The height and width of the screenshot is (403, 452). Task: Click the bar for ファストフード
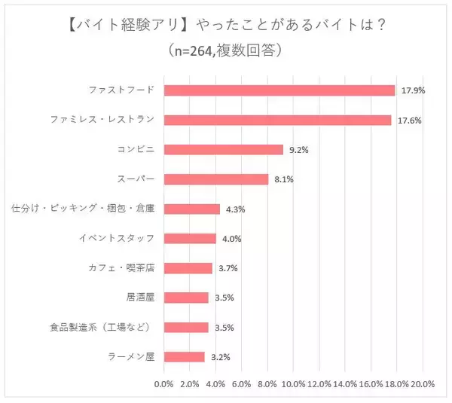279,90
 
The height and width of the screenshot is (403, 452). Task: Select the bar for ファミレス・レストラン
277,120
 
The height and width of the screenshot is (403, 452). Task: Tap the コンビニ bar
223,149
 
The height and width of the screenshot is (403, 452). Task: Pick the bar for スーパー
215,179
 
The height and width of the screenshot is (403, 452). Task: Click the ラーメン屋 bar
184,357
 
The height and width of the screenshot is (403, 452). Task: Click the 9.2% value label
298,150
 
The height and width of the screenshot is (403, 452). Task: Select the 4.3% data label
234,209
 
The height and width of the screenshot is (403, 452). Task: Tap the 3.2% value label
219,357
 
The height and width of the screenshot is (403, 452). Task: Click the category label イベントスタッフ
117,239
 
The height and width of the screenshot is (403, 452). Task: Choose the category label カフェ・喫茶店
121,268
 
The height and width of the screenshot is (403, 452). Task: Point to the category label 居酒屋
140,298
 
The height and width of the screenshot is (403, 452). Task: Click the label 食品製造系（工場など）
102,327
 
